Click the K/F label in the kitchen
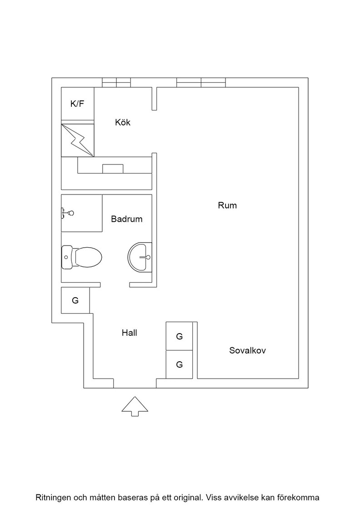(x=77, y=104)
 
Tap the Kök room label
(x=123, y=122)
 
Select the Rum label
(x=227, y=205)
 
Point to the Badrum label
(x=127, y=219)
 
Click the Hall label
(x=129, y=333)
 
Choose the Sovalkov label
(x=247, y=350)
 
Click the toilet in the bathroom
(x=81, y=257)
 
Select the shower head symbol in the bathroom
(x=68, y=213)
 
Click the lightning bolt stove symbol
(x=78, y=139)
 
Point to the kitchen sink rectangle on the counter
(x=113, y=169)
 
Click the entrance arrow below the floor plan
(x=135, y=406)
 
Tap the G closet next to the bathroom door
(x=75, y=300)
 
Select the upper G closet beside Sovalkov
(x=179, y=336)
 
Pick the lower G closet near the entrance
(x=179, y=364)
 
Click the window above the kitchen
(x=116, y=82)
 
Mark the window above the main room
(x=201, y=82)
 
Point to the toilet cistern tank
(x=66, y=257)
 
